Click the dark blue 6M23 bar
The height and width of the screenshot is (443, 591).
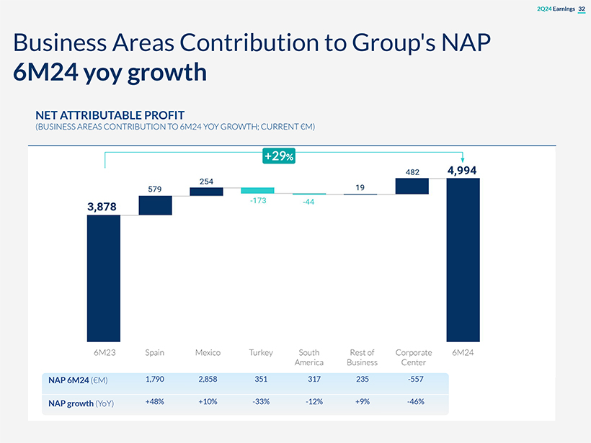(104, 278)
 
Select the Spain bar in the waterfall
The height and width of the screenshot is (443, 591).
(155, 205)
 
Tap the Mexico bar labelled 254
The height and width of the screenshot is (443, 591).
(206, 192)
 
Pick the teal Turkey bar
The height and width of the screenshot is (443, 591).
(258, 190)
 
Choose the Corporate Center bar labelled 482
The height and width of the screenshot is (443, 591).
(412, 186)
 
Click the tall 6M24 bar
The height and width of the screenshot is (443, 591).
(463, 259)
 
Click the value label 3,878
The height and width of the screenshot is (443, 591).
(102, 207)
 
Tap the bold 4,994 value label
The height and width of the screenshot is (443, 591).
(462, 171)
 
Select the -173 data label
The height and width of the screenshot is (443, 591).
(257, 201)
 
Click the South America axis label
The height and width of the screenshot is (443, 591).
(309, 357)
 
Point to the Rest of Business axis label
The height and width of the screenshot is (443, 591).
(361, 357)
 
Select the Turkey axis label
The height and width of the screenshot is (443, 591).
(260, 353)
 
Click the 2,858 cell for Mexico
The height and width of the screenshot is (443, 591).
(208, 379)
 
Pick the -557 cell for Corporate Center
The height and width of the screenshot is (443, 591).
(414, 379)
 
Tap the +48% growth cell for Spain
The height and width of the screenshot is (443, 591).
(155, 401)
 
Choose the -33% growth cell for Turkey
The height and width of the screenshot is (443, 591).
(261, 401)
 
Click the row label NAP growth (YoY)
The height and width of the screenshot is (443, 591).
(81, 403)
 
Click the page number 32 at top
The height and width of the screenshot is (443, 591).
(582, 9)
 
